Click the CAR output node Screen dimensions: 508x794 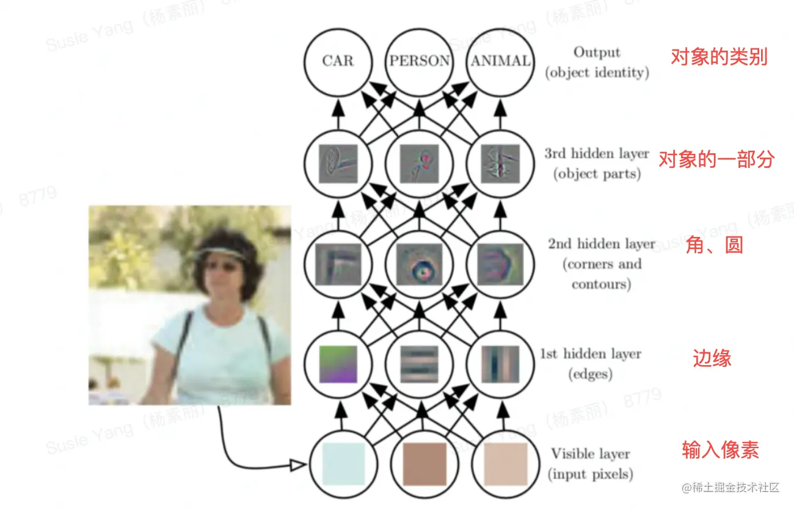tap(338, 60)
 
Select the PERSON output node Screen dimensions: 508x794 tap(420, 60)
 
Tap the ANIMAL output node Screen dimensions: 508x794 tap(500, 60)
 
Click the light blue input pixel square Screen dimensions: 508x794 tap(343, 463)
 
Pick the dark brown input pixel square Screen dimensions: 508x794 tap(424, 463)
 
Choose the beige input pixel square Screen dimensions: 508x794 tap(504, 463)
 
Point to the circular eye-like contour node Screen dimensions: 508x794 tap(420, 264)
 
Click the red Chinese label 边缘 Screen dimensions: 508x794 tap(712, 358)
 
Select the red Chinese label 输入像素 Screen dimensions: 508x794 tap(720, 451)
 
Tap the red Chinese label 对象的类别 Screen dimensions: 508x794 tap(719, 57)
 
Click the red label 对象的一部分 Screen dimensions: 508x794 tap(716, 160)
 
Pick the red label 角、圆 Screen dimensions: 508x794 tap(713, 246)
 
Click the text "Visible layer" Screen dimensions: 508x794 tap(590, 454)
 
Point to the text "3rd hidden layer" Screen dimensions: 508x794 tap(597, 154)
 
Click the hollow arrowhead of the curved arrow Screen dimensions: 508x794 tap(297, 466)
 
